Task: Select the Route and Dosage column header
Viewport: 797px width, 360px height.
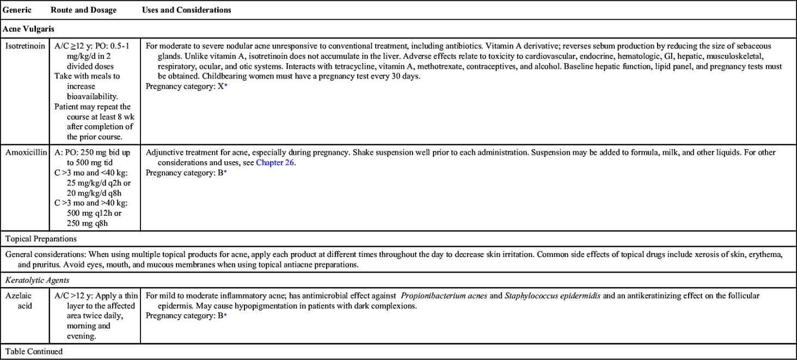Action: click(83, 10)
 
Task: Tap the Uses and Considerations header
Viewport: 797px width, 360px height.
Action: click(186, 10)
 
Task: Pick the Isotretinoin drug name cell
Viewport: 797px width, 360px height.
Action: click(25, 47)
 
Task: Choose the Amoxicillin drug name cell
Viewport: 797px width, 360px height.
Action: click(26, 152)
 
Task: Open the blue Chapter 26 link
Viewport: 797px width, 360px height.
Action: click(275, 162)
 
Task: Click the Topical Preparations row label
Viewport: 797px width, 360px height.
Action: click(41, 239)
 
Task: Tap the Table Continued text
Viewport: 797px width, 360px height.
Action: click(34, 352)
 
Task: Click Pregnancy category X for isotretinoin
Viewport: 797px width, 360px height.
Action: click(185, 87)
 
